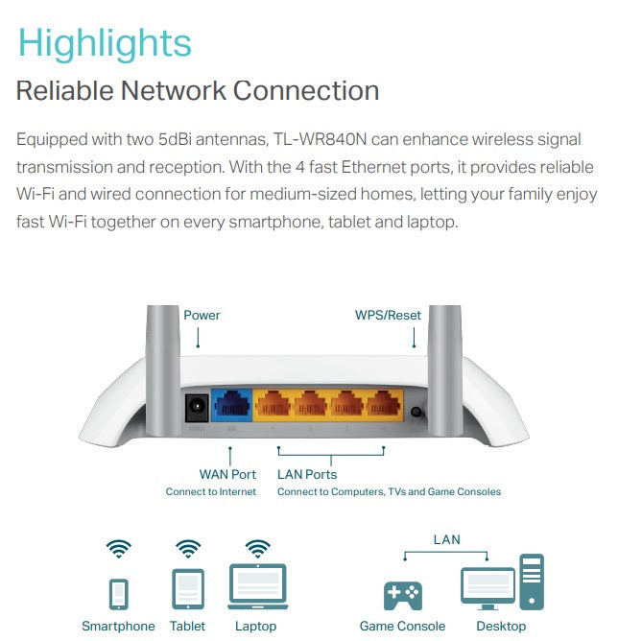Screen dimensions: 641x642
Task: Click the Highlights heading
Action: click(105, 44)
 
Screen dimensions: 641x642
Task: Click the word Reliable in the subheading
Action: click(63, 91)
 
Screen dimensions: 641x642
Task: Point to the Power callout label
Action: click(202, 315)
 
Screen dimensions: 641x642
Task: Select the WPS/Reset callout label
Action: click(388, 315)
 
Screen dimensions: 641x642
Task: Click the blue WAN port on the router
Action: click(231, 407)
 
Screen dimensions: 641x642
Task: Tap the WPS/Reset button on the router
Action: click(416, 414)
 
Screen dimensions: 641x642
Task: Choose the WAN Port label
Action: click(227, 474)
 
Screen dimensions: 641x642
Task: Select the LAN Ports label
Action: click(307, 474)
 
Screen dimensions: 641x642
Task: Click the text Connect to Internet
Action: click(211, 492)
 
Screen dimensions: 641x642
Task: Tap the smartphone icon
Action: click(119, 592)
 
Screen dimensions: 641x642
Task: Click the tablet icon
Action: click(187, 588)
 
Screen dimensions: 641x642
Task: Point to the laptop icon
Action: click(256, 587)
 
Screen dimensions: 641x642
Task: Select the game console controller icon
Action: click(403, 596)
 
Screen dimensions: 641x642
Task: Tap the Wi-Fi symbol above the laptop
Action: click(257, 548)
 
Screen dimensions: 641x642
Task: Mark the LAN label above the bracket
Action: click(446, 539)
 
